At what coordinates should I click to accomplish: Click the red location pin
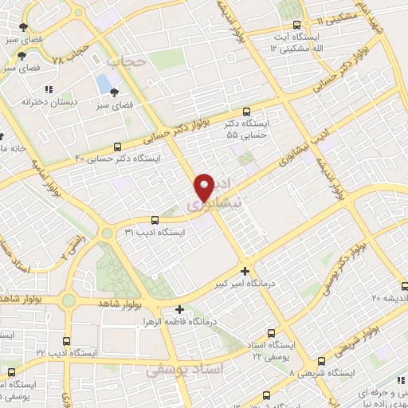(x=205, y=186)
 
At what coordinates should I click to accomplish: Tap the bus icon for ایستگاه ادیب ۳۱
(x=155, y=220)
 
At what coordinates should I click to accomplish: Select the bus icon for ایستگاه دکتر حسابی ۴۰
(x=118, y=147)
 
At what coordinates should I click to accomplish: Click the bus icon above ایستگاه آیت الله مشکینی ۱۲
(x=297, y=25)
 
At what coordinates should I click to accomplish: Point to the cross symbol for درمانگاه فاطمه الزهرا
(x=179, y=310)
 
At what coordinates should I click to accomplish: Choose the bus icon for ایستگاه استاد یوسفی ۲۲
(x=273, y=334)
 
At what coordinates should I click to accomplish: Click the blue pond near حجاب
(x=104, y=83)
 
